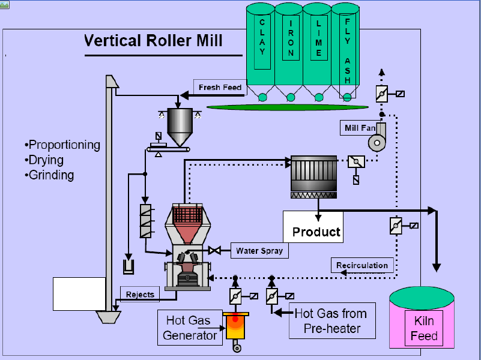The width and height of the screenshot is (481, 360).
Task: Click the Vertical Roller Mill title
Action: click(x=153, y=40)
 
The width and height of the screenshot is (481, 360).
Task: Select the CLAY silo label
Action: click(x=262, y=37)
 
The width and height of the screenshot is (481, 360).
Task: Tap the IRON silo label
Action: click(x=291, y=38)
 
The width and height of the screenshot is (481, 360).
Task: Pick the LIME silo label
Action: click(x=319, y=38)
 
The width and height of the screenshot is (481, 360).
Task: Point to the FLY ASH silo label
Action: click(x=347, y=51)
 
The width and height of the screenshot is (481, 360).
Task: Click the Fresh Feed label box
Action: click(x=220, y=88)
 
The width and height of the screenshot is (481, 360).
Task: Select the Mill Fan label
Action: click(x=360, y=128)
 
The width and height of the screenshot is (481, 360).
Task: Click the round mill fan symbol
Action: click(x=377, y=143)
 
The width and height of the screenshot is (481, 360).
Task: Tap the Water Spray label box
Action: click(x=259, y=251)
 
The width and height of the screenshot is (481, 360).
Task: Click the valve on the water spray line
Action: click(x=214, y=250)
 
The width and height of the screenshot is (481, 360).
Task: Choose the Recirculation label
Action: click(x=362, y=265)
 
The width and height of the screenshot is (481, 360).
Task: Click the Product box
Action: click(x=313, y=227)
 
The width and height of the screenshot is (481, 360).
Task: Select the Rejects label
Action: click(x=140, y=294)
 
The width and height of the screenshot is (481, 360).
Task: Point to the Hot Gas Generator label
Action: click(x=190, y=328)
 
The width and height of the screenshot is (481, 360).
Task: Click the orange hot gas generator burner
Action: click(x=235, y=326)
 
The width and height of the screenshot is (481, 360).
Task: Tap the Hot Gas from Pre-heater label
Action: click(x=332, y=321)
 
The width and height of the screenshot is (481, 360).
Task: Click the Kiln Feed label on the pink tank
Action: click(x=424, y=328)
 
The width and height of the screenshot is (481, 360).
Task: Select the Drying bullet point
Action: click(x=44, y=160)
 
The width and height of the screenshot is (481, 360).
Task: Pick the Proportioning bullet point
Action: click(x=62, y=145)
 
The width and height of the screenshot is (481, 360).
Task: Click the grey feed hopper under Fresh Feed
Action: click(x=180, y=126)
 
